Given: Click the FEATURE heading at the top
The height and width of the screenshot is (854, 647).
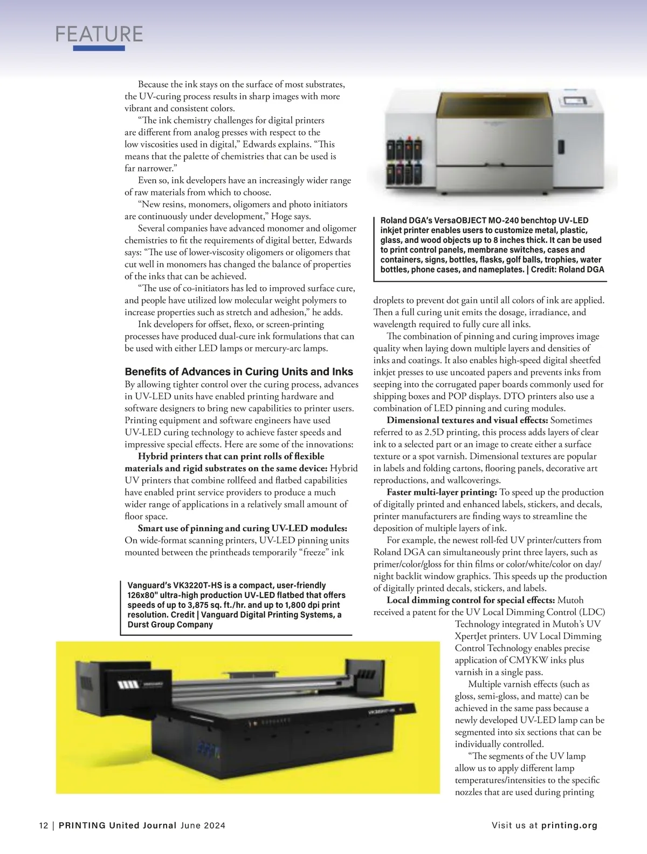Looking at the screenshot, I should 99,34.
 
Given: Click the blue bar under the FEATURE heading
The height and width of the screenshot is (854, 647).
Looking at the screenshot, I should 99,48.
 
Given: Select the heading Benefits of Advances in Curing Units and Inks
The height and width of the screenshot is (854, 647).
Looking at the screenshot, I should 239,371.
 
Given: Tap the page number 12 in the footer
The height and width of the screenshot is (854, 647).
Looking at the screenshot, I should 43,825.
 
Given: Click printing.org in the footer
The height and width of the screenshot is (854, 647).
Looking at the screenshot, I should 569,825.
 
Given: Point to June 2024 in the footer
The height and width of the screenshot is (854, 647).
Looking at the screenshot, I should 203,825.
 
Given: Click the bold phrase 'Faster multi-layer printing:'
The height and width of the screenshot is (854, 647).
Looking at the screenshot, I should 442,492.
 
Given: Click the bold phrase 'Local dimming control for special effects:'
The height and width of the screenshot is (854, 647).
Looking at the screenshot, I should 471,600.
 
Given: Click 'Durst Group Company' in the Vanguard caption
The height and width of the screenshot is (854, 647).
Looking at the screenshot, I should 170,625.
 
